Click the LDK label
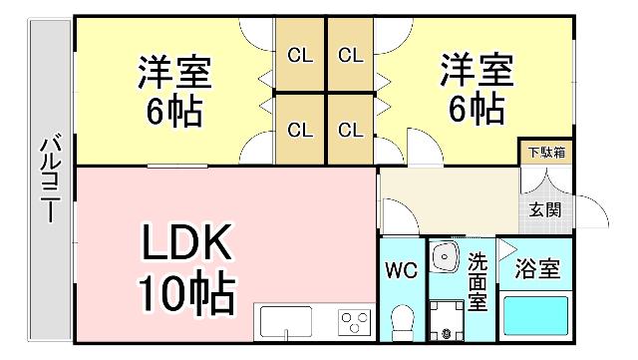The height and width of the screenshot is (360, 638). (x=185, y=242)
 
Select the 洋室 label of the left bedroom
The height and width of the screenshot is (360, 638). (x=175, y=72)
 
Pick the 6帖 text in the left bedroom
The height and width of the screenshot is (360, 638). (x=175, y=111)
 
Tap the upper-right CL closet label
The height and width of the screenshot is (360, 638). (x=349, y=56)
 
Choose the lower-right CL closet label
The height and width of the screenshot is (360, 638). (x=349, y=130)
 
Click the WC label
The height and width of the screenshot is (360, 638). (x=402, y=270)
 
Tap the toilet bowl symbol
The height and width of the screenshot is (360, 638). (x=403, y=321)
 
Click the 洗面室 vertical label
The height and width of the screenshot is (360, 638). (x=478, y=281)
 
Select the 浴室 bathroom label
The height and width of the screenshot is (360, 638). (x=536, y=269)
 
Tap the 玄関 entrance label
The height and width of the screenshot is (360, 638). (x=544, y=210)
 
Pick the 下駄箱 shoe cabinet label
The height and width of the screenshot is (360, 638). (x=546, y=153)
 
